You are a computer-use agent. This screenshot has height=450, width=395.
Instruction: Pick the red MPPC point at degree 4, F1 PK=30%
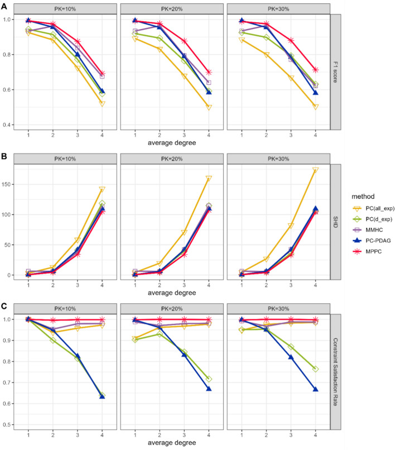tap(316, 70)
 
